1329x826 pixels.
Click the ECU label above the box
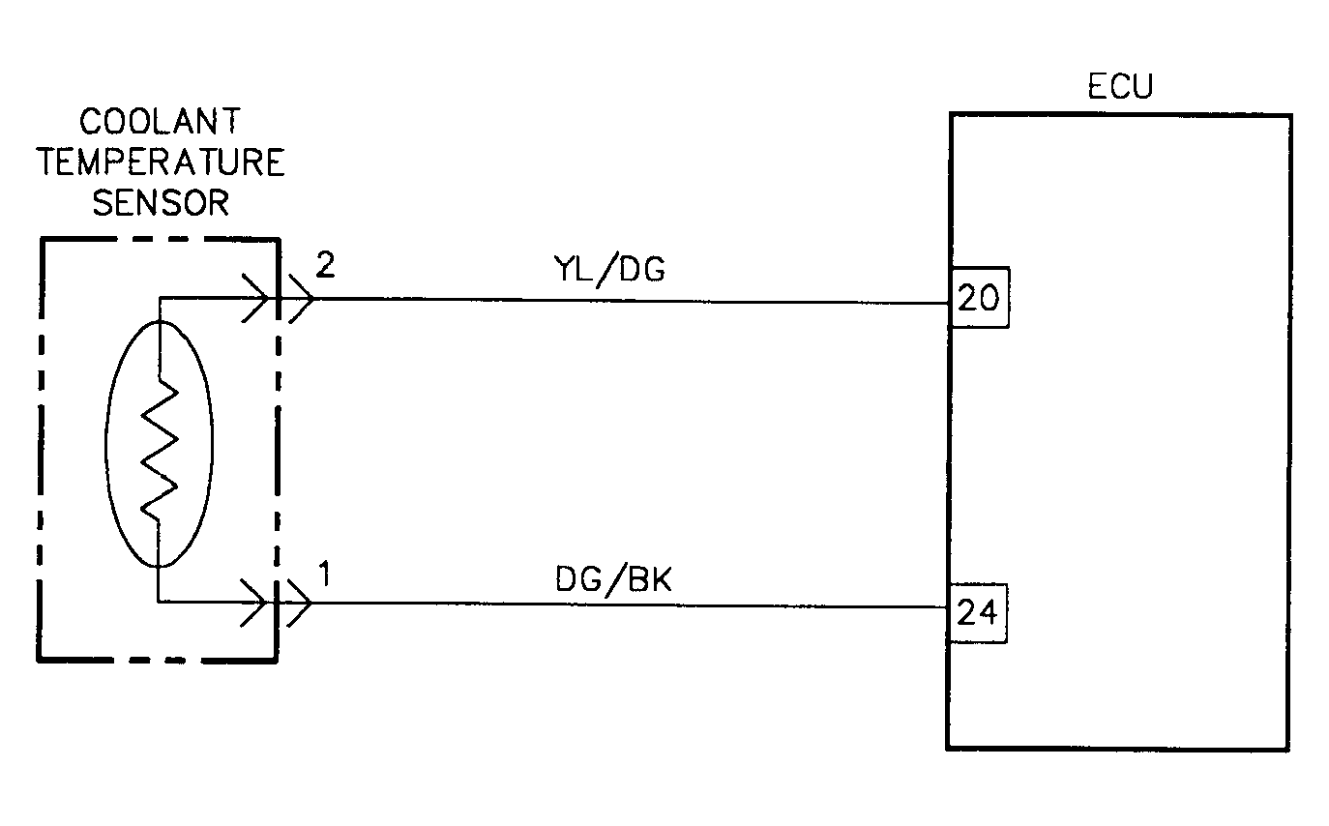(x=1120, y=87)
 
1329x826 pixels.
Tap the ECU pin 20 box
(x=979, y=299)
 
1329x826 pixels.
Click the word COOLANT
(x=161, y=122)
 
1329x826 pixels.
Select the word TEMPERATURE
(x=161, y=162)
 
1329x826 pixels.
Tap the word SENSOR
(x=161, y=203)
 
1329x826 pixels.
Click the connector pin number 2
(x=325, y=267)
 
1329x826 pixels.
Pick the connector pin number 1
(x=325, y=575)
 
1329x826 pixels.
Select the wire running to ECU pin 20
(x=629, y=301)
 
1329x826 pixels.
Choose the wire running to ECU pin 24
(x=629, y=606)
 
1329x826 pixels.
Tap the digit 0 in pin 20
(x=989, y=299)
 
